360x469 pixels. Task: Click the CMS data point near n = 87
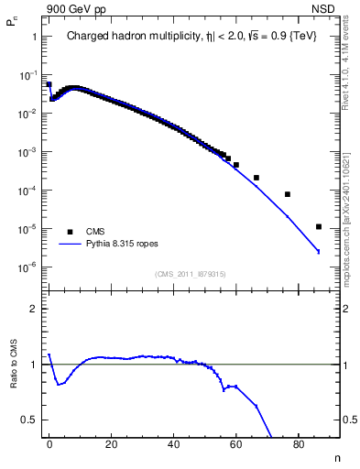click(318, 226)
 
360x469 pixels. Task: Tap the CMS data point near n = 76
click(288, 194)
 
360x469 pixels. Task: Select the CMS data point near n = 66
click(256, 177)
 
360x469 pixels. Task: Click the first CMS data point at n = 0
click(49, 84)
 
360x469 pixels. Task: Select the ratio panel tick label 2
click(33, 309)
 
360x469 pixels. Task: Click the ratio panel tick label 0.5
click(29, 420)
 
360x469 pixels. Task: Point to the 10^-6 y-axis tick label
click(27, 267)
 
